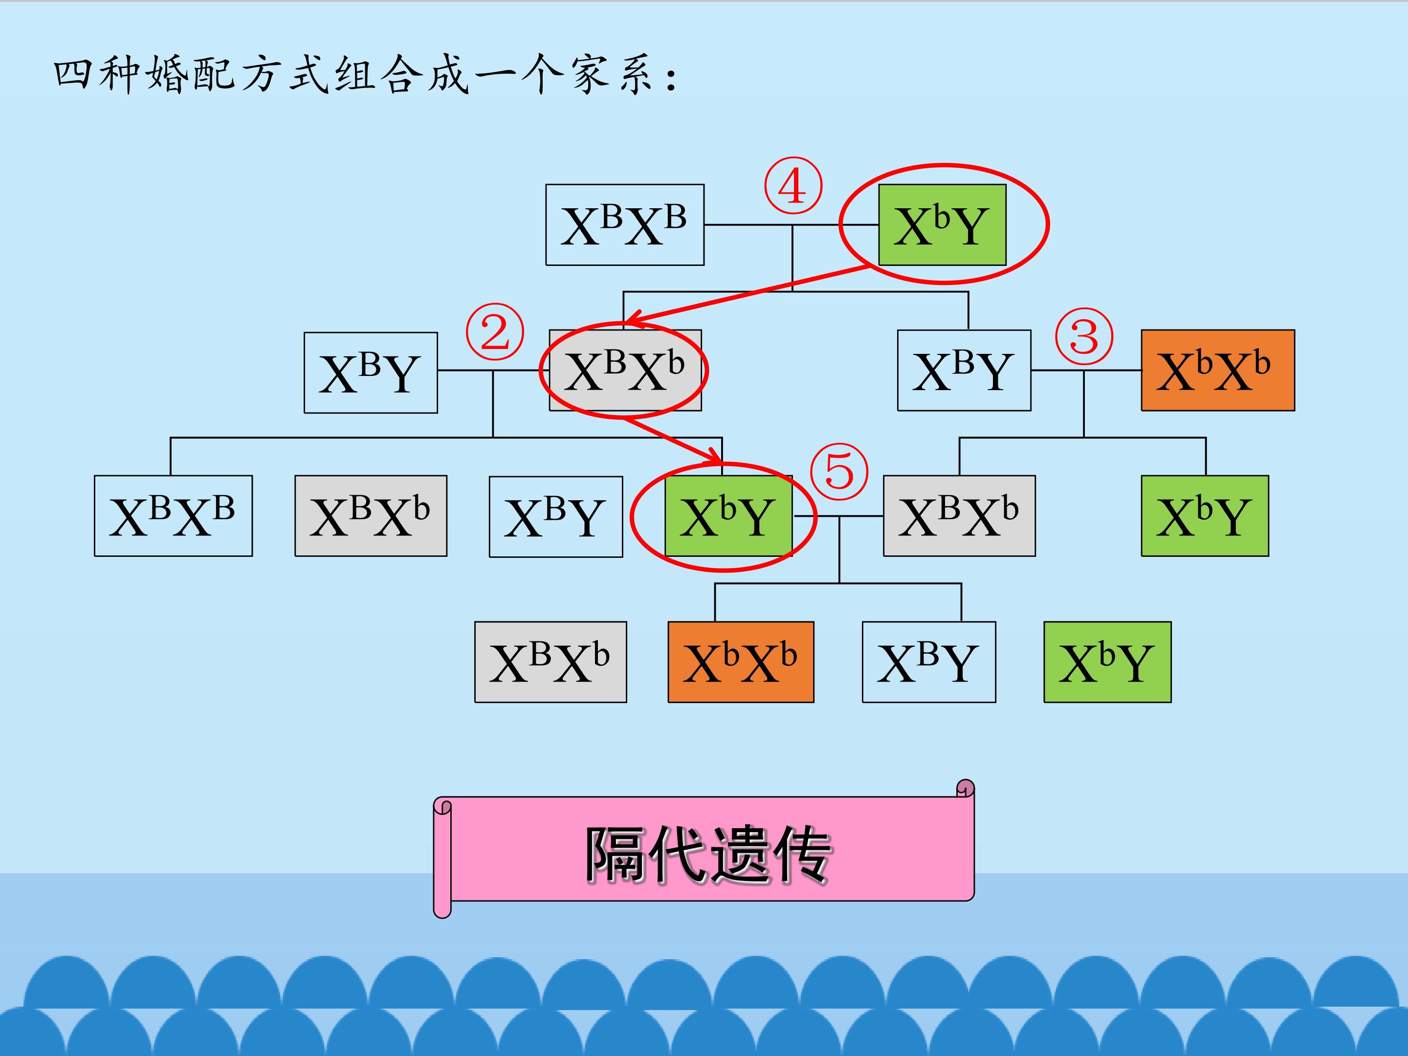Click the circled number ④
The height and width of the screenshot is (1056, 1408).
click(x=792, y=186)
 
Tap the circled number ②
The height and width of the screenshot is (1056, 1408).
click(x=495, y=331)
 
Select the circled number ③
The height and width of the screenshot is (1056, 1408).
click(x=1084, y=336)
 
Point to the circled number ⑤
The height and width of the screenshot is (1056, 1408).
click(x=839, y=472)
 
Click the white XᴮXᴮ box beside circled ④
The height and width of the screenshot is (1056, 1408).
click(x=624, y=225)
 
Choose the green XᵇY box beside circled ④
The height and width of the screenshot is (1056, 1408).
click(x=942, y=225)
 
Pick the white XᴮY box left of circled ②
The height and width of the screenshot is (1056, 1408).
click(x=371, y=373)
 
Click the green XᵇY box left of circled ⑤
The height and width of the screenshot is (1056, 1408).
click(x=728, y=516)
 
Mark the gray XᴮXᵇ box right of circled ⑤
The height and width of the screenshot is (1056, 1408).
click(x=959, y=516)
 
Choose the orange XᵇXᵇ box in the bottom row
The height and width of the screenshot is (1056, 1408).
click(x=740, y=662)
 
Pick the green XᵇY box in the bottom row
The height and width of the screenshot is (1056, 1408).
click(x=1107, y=662)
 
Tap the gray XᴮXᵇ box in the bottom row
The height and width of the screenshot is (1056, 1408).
click(x=550, y=662)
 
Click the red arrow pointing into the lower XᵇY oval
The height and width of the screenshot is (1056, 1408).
click(x=675, y=440)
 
